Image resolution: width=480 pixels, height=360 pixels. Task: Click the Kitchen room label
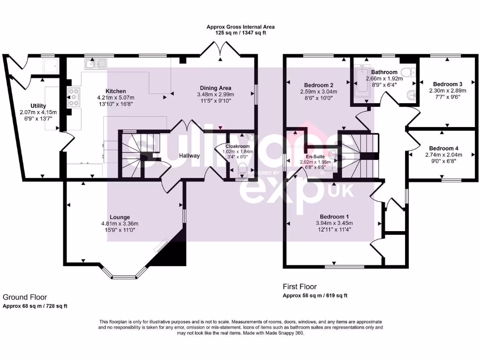pos(115,91)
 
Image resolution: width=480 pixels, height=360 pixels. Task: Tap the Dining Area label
pos(215,88)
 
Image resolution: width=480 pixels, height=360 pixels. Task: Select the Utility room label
pos(38,106)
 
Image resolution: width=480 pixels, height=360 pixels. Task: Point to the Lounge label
pos(120,217)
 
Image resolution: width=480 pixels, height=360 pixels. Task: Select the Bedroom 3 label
pos(445,84)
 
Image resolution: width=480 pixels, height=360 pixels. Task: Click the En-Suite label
pos(315,157)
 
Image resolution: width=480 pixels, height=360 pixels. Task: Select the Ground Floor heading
pos(25,297)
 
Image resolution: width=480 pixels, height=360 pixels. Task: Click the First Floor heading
pos(300,286)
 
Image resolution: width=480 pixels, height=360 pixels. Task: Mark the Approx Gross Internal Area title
pos(240,27)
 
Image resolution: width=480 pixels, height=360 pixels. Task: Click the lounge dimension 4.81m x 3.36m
pos(120,224)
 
